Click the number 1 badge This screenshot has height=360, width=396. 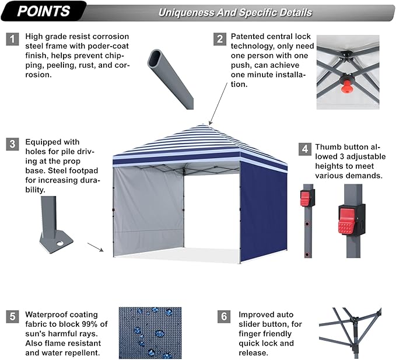pos(12,39)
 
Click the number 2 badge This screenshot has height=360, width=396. pos(220,39)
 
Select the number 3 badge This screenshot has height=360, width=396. pos(12,144)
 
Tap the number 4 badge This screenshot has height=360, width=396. pos(305,149)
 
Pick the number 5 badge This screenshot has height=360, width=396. pos(12,317)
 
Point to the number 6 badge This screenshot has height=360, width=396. pos(224,317)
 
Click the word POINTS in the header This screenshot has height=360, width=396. pos(44,11)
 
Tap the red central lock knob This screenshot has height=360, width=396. pos(346,86)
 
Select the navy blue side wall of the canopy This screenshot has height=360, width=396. pos(263,213)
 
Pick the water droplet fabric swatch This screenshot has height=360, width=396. pos(150,333)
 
